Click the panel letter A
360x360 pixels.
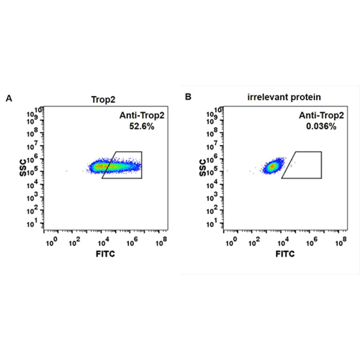[x=8, y=98]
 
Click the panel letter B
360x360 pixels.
[x=188, y=97]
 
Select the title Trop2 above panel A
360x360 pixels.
[x=103, y=99]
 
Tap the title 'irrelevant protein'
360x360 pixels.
[x=284, y=98]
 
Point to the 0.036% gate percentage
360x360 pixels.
[x=321, y=126]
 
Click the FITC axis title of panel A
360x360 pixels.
[x=105, y=254]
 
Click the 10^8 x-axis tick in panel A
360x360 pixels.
[x=161, y=242]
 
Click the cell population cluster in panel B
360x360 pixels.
[x=272, y=166]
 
